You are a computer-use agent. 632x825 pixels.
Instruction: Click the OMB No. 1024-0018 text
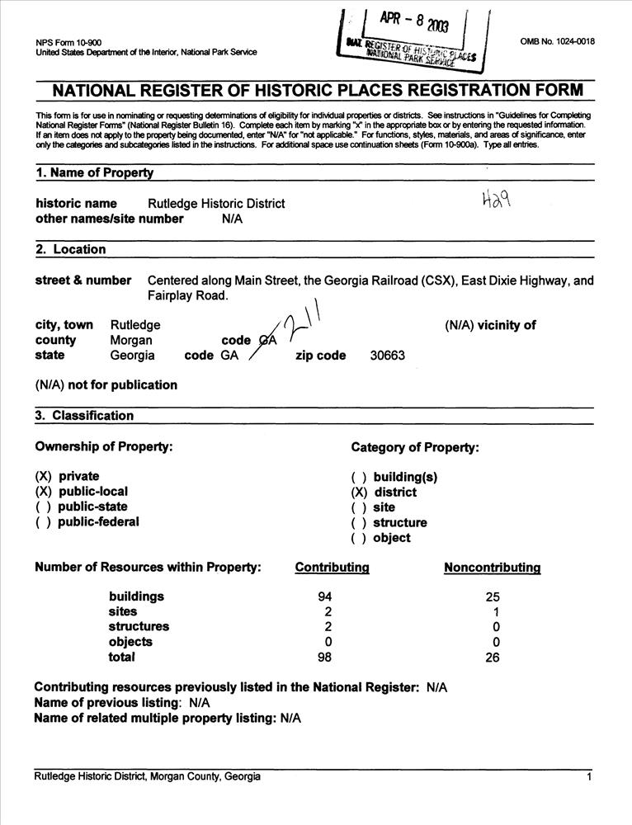point(557,41)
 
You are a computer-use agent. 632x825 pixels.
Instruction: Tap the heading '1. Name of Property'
point(94,173)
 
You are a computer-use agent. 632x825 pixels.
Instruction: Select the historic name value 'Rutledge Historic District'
point(216,204)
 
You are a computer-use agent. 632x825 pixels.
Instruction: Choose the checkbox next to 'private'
point(44,477)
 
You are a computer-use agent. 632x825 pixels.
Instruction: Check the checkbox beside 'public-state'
point(44,507)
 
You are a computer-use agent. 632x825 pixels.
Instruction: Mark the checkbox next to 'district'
point(359,493)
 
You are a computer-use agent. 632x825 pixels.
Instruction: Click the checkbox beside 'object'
point(359,538)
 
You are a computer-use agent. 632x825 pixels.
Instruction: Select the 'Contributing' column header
point(332,568)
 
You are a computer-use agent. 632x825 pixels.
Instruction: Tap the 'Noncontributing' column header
point(492,568)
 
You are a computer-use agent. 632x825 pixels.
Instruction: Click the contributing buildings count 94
point(324,596)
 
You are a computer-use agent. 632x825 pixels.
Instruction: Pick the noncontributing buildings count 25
point(493,596)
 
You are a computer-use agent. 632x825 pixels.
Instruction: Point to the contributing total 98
point(324,658)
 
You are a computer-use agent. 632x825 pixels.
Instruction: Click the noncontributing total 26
point(493,658)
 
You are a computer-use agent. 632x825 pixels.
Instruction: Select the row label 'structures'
point(139,627)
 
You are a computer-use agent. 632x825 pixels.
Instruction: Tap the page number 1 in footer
point(589,777)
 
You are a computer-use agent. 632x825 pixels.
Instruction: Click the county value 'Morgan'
point(131,340)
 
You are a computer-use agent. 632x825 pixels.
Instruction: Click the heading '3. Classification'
point(83,416)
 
